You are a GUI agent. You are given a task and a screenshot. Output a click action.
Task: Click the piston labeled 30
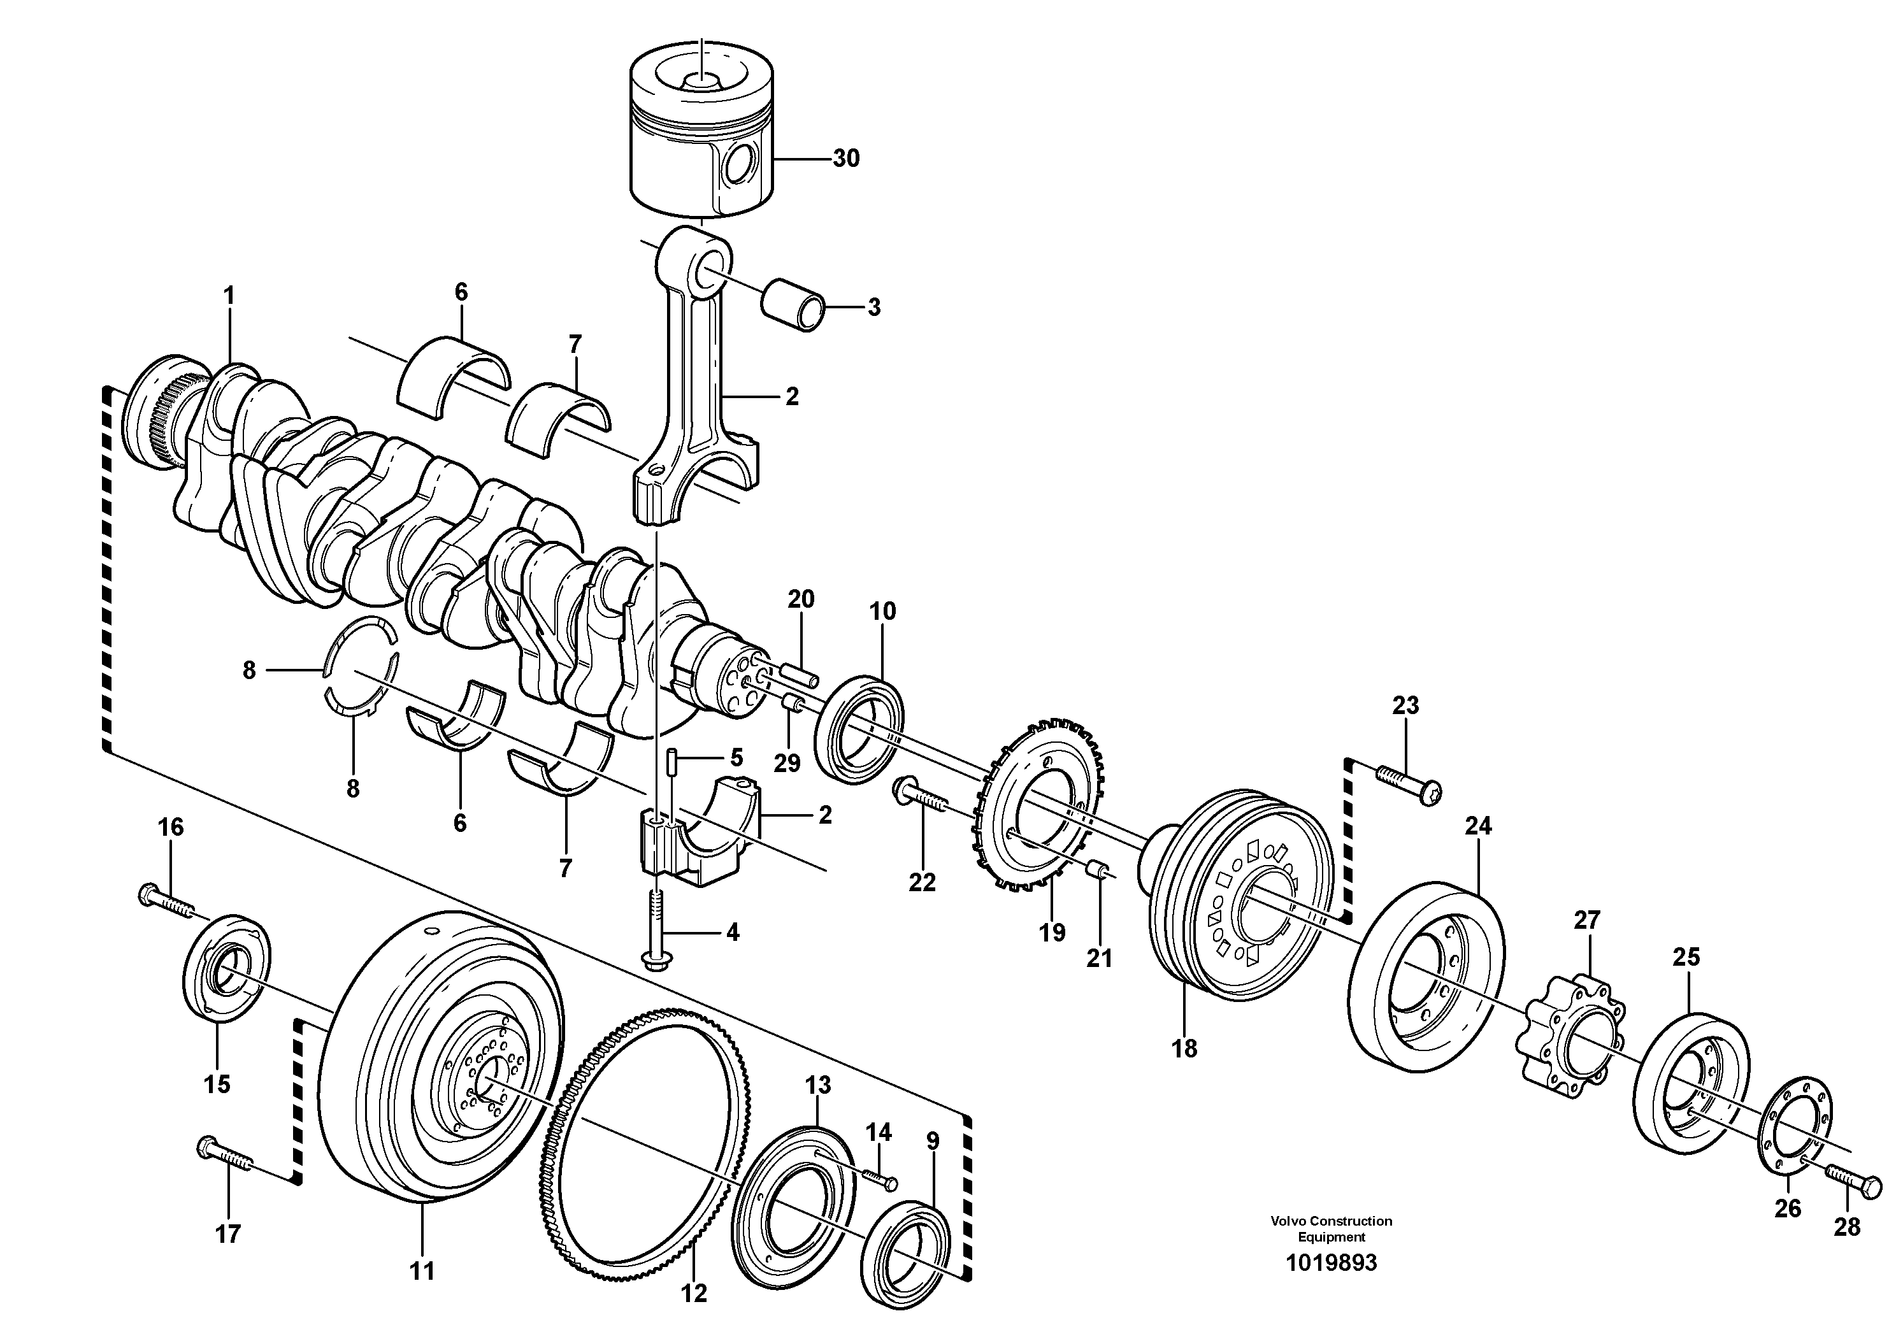click(702, 140)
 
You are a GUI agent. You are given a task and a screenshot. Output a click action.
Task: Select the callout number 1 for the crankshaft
click(229, 296)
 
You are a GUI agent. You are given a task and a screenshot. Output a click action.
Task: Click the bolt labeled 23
click(1409, 784)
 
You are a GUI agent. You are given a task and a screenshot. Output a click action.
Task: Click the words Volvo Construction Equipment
click(1331, 1228)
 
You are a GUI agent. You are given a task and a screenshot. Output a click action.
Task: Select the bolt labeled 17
click(224, 1156)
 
